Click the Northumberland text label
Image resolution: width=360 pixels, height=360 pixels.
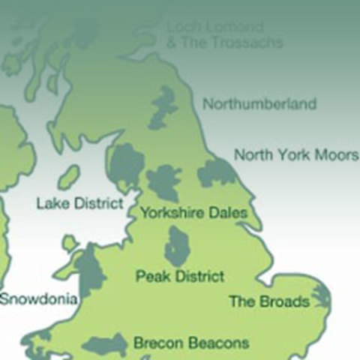(259, 104)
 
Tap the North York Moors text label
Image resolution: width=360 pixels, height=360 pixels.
(296, 155)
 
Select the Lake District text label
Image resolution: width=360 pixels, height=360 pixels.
(79, 203)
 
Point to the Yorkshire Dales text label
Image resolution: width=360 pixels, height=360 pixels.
(193, 213)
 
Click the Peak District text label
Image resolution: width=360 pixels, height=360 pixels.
(180, 276)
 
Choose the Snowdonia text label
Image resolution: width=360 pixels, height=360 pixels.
(38, 298)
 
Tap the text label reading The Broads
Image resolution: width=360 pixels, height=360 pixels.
(268, 301)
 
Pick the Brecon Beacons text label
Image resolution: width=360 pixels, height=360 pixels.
(190, 343)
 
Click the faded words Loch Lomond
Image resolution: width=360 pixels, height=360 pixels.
(214, 28)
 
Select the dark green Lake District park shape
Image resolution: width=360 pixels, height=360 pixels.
(126, 166)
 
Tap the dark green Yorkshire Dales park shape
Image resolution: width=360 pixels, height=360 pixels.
(163, 183)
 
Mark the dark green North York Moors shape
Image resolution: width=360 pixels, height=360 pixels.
(217, 172)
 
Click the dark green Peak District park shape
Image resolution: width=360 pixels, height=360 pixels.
(177, 246)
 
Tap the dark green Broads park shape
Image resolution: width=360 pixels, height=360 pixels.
(321, 297)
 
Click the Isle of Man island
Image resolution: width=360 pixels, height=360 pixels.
(68, 178)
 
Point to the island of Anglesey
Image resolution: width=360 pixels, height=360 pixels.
(70, 243)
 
